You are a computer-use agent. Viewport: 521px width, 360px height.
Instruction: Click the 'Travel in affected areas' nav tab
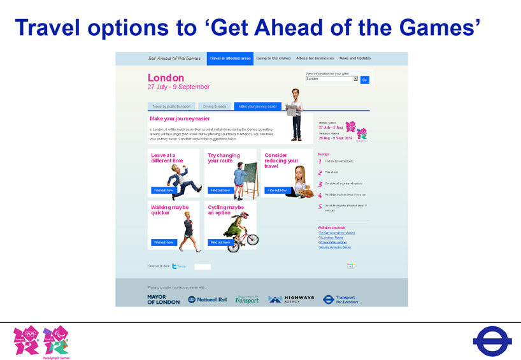pos(230,59)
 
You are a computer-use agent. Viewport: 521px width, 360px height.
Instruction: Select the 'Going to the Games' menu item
pos(273,59)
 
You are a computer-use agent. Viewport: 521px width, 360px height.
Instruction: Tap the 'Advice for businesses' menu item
pos(315,59)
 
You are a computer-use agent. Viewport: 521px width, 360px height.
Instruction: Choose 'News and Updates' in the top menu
pos(355,59)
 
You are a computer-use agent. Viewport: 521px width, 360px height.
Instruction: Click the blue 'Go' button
pos(365,80)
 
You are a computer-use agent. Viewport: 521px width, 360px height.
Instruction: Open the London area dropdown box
pos(331,79)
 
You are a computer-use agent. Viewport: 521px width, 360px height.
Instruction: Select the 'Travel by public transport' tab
pos(171,106)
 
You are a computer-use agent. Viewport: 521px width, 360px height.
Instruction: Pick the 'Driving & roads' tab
pos(215,106)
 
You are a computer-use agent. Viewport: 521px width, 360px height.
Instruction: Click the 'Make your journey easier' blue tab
pos(257,106)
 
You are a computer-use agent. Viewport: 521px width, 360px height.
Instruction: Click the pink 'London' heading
pos(166,78)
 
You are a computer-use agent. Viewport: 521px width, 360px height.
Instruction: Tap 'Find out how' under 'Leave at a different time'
pos(164,190)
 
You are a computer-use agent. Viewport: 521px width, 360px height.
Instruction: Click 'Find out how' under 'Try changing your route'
pos(220,190)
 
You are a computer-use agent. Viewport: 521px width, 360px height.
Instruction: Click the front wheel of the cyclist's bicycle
pos(252,240)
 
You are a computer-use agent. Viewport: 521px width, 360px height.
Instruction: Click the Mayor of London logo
pos(163,299)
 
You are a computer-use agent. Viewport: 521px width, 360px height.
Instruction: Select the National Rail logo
pos(208,299)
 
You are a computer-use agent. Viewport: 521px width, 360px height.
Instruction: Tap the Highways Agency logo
pos(291,299)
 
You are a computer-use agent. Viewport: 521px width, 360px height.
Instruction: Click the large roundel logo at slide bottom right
pos(492,341)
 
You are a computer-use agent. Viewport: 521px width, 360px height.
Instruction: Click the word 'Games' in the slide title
pos(439,27)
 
